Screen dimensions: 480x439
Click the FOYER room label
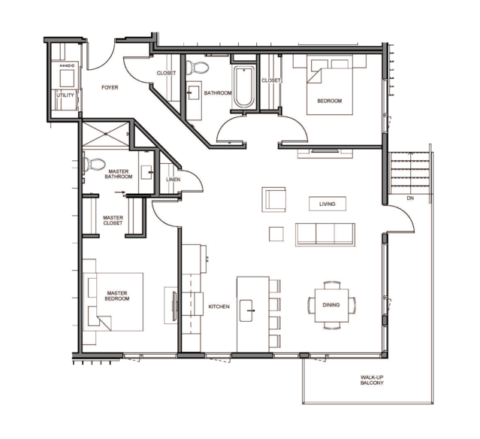click(x=110, y=88)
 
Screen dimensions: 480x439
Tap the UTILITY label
click(x=65, y=95)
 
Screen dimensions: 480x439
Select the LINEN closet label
click(x=174, y=180)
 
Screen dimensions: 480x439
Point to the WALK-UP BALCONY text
click(x=372, y=380)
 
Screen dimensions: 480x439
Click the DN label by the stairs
click(x=410, y=198)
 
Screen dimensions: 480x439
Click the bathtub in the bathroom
click(x=244, y=86)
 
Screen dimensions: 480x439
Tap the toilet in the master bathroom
click(x=95, y=164)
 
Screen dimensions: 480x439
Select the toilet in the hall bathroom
click(x=198, y=68)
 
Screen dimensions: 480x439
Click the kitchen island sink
click(x=246, y=310)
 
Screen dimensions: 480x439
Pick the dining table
click(x=331, y=305)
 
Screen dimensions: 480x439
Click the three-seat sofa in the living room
click(x=325, y=235)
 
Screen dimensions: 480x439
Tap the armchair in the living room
click(x=273, y=200)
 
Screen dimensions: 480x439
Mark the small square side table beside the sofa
click(x=276, y=234)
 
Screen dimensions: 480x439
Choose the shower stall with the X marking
click(x=106, y=135)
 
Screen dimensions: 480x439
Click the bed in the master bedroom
click(x=113, y=301)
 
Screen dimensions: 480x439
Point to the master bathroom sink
click(x=146, y=172)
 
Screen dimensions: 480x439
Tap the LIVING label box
click(x=328, y=204)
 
